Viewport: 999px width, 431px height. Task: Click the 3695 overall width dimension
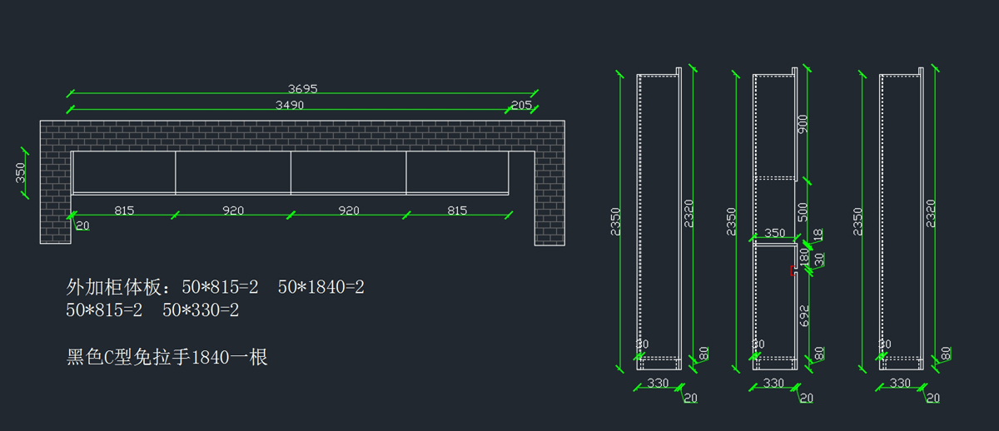click(x=302, y=89)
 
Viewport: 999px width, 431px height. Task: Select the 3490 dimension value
click(x=290, y=105)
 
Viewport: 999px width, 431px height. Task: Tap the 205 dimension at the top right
click(x=521, y=105)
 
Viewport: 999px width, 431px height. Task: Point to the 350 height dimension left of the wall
click(x=21, y=173)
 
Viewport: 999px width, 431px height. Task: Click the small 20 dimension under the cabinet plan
click(x=82, y=226)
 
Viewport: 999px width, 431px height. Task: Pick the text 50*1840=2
click(x=321, y=287)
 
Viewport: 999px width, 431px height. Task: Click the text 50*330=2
click(x=201, y=310)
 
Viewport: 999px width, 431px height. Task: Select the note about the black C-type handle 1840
click(x=166, y=358)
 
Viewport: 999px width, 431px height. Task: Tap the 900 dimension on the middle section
click(x=803, y=124)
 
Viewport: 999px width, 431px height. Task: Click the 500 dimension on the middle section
click(x=803, y=212)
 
